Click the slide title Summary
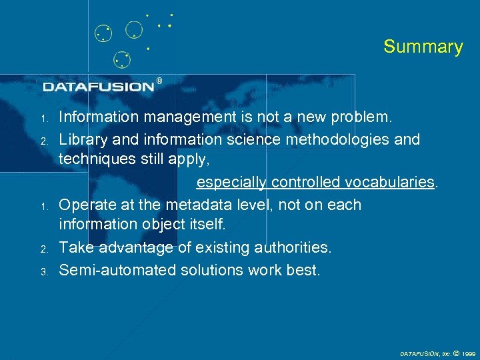(x=423, y=47)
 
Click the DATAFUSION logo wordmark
(x=99, y=87)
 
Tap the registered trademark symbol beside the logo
(x=159, y=81)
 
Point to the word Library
(x=81, y=139)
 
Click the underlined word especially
(x=231, y=183)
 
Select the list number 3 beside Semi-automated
(x=42, y=272)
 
